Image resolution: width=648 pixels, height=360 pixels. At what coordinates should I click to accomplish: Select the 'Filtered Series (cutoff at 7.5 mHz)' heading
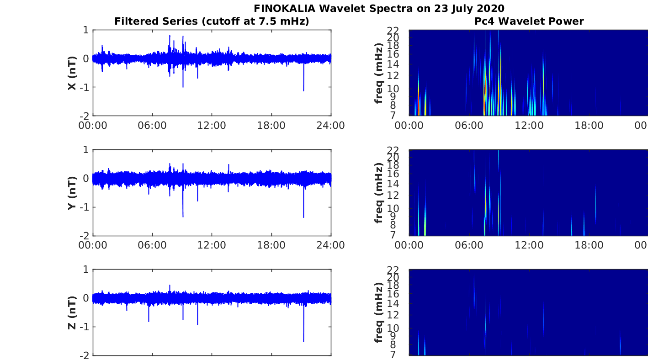tap(212, 21)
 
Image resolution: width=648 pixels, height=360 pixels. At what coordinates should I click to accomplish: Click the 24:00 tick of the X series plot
tap(330, 125)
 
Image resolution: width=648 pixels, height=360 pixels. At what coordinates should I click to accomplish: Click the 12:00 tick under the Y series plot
tap(212, 245)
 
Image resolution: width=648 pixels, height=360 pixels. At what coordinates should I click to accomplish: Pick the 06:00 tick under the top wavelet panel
tap(469, 125)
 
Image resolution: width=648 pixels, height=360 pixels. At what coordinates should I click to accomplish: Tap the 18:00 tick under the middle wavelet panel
tap(589, 245)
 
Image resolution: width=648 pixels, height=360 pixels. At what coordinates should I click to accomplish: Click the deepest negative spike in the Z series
tap(303, 340)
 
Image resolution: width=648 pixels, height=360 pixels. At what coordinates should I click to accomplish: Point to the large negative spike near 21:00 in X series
tap(303, 90)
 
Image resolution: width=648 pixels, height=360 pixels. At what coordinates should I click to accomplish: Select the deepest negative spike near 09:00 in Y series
tap(183, 216)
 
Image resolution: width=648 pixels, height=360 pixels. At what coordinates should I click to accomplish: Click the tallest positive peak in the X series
tap(170, 36)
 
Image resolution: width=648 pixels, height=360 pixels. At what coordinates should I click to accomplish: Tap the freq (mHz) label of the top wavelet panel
tap(378, 73)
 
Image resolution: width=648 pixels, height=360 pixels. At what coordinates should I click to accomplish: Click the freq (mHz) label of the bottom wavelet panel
tap(378, 312)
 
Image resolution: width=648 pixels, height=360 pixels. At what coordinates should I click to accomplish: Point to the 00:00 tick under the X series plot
tap(92, 125)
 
